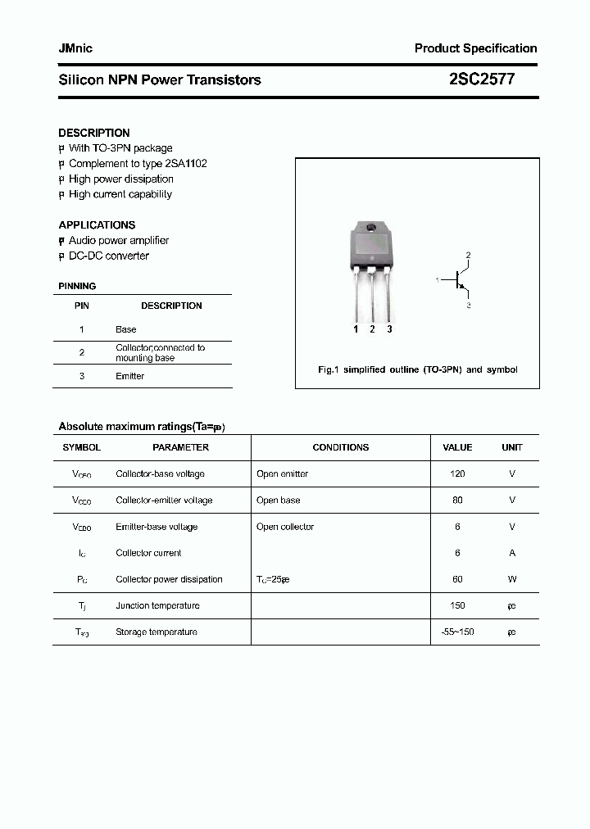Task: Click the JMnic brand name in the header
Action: point(75,48)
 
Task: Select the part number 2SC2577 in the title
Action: point(482,79)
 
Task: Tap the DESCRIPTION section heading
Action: point(94,133)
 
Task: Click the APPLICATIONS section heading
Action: point(97,224)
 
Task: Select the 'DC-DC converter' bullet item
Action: point(108,256)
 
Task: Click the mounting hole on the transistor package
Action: point(370,227)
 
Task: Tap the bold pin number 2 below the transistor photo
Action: point(372,329)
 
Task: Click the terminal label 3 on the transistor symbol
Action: point(468,306)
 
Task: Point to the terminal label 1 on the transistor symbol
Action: point(438,280)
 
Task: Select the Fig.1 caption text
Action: point(417,369)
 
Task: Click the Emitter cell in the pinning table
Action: point(129,376)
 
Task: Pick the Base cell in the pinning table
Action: point(125,329)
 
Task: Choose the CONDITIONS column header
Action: point(340,447)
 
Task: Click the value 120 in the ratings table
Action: point(457,473)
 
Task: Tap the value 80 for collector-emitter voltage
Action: point(457,500)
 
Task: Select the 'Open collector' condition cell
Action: point(284,527)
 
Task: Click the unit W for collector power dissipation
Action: point(511,579)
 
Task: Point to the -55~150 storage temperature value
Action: point(457,632)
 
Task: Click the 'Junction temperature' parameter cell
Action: point(157,605)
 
